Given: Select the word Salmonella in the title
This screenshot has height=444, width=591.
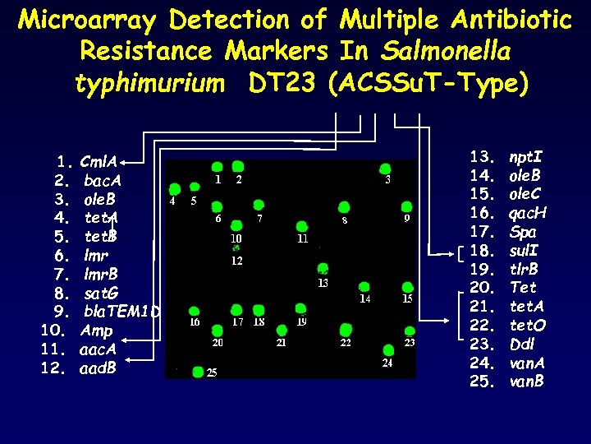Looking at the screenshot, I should pyautogui.click(x=447, y=51).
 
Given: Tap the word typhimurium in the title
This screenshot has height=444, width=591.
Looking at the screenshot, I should pyautogui.click(x=149, y=83).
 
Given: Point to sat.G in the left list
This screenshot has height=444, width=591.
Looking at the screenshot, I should pyautogui.click(x=101, y=294).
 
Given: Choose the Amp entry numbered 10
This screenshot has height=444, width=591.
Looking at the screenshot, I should pyautogui.click(x=97, y=331).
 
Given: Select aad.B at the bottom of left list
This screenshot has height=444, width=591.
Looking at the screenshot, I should pyautogui.click(x=98, y=368).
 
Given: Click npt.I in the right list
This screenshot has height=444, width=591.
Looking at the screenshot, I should pyautogui.click(x=526, y=156).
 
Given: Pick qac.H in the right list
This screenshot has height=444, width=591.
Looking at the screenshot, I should pyautogui.click(x=528, y=213).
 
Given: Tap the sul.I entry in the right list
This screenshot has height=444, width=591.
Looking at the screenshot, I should pyautogui.click(x=525, y=250).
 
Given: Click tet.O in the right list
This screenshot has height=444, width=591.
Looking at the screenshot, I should pyautogui.click(x=527, y=326).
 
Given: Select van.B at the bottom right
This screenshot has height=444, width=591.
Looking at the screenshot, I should pyautogui.click(x=527, y=382).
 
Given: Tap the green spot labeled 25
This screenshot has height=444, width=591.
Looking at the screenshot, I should pyautogui.click(x=197, y=371).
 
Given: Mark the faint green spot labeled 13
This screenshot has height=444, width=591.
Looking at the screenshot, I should pyautogui.click(x=323, y=270).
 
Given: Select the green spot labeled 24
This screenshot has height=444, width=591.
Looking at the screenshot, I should pyautogui.click(x=387, y=349).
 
